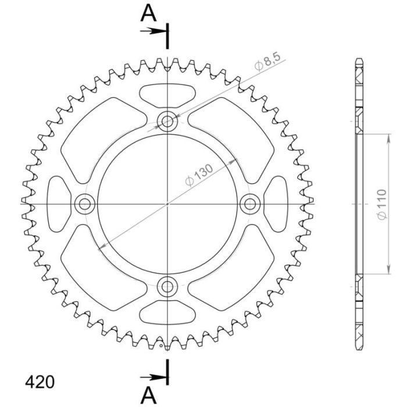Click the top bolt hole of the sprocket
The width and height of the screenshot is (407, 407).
click(x=168, y=121)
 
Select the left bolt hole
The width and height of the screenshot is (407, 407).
click(x=85, y=203)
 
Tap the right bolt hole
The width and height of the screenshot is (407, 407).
click(x=251, y=203)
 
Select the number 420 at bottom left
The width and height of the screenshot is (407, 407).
click(x=40, y=382)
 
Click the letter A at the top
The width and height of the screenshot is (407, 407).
click(x=148, y=12)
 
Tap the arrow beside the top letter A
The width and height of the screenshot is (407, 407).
click(x=154, y=31)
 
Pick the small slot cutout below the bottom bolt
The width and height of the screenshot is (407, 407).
click(x=168, y=313)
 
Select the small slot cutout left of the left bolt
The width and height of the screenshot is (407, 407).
click(x=58, y=203)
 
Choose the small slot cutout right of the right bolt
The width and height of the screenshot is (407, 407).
click(x=278, y=203)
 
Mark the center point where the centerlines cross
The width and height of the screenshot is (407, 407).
click(x=168, y=203)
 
